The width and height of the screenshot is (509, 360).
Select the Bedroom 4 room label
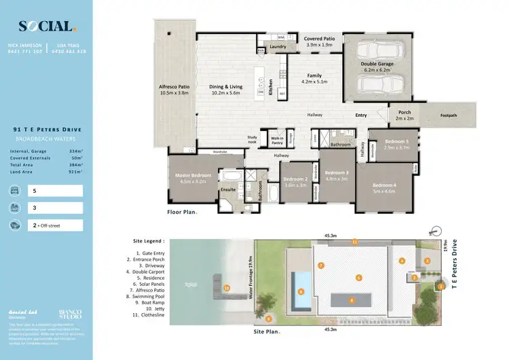[383, 185]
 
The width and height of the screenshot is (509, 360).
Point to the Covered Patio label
[319, 39]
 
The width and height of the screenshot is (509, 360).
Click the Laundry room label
[278, 47]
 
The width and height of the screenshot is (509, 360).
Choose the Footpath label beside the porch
[448, 115]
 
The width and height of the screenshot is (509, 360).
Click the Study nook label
[252, 138]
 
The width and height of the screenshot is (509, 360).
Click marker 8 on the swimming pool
[301, 292]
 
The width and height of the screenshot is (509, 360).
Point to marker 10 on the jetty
[227, 288]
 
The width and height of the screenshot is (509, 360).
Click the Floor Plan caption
[182, 212]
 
